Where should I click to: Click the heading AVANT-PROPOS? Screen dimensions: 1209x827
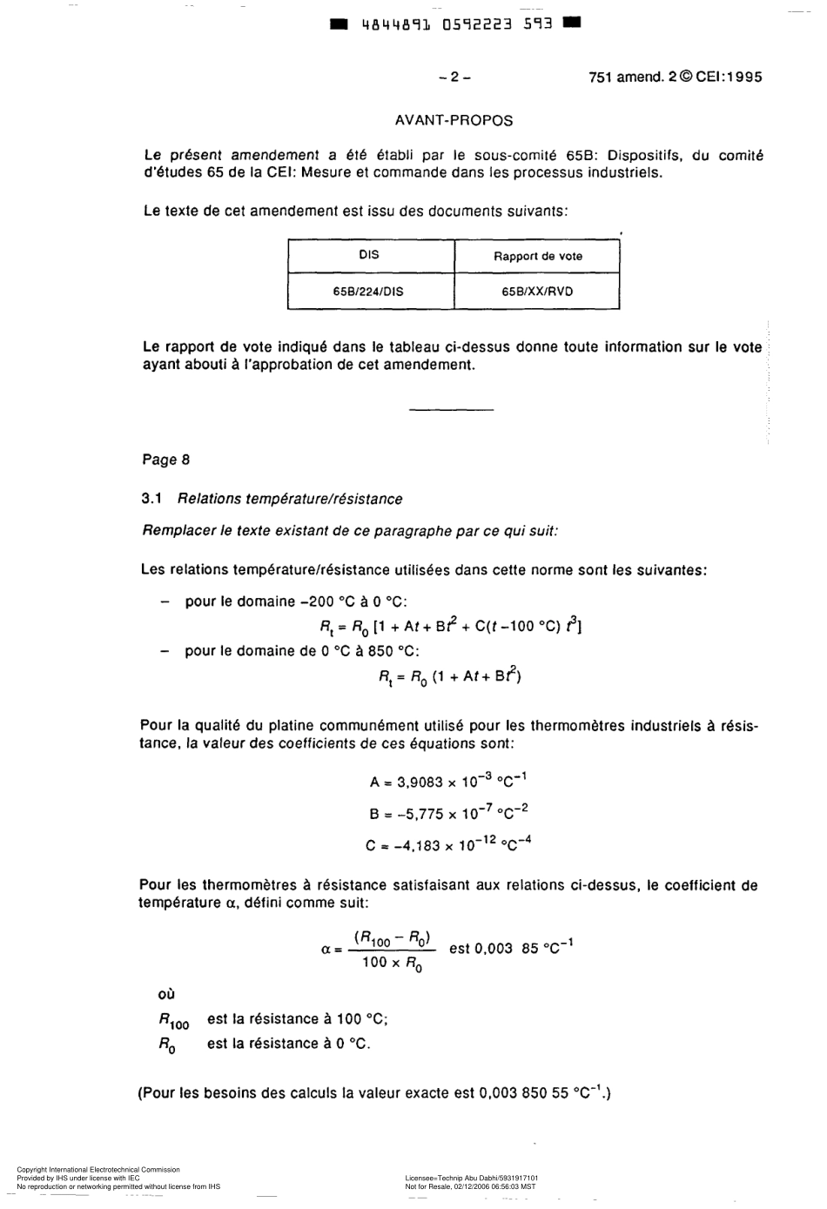[454, 121]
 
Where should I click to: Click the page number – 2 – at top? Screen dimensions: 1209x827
[454, 77]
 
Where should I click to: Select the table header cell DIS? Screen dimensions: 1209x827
[369, 255]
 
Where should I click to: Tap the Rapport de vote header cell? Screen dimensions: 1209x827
[538, 256]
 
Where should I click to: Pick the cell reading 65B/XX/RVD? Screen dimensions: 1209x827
[537, 292]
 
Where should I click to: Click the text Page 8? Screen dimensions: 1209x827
[165, 460]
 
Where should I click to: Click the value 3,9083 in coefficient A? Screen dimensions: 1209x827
[420, 782]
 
